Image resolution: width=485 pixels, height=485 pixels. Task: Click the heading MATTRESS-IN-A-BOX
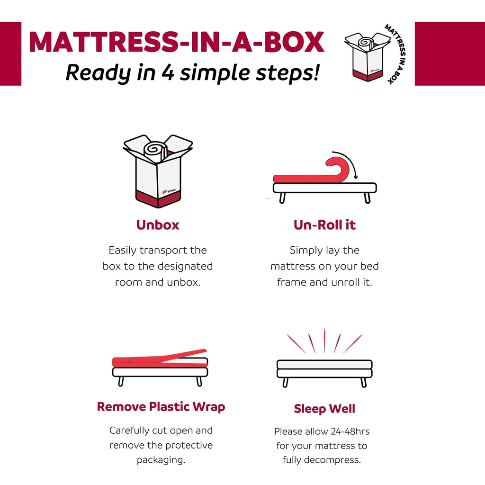click(176, 43)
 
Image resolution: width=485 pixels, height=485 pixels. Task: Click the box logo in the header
click(368, 55)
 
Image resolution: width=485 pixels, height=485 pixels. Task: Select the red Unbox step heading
click(158, 225)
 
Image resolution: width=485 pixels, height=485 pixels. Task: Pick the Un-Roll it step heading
click(324, 225)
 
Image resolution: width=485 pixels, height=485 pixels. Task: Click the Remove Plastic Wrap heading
click(161, 406)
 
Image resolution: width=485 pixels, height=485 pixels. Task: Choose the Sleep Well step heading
click(324, 409)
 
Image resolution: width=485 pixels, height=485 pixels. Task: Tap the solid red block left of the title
click(10, 54)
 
